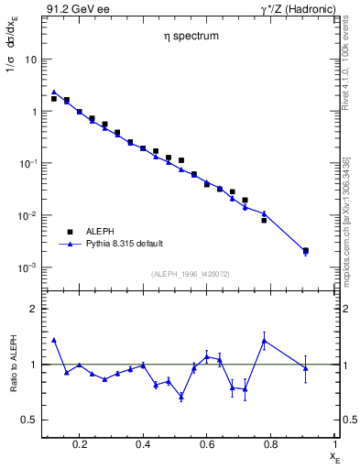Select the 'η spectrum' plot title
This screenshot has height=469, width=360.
[x=185, y=38]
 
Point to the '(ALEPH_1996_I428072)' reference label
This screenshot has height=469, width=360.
[x=191, y=275]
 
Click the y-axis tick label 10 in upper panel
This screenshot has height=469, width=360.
[x=30, y=60]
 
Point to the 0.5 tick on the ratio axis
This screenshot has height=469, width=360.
[x=29, y=420]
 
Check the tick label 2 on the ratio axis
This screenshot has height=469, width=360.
[x=33, y=310]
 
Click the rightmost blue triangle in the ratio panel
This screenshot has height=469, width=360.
[x=305, y=368]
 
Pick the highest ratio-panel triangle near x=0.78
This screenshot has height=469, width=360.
[x=264, y=341]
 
